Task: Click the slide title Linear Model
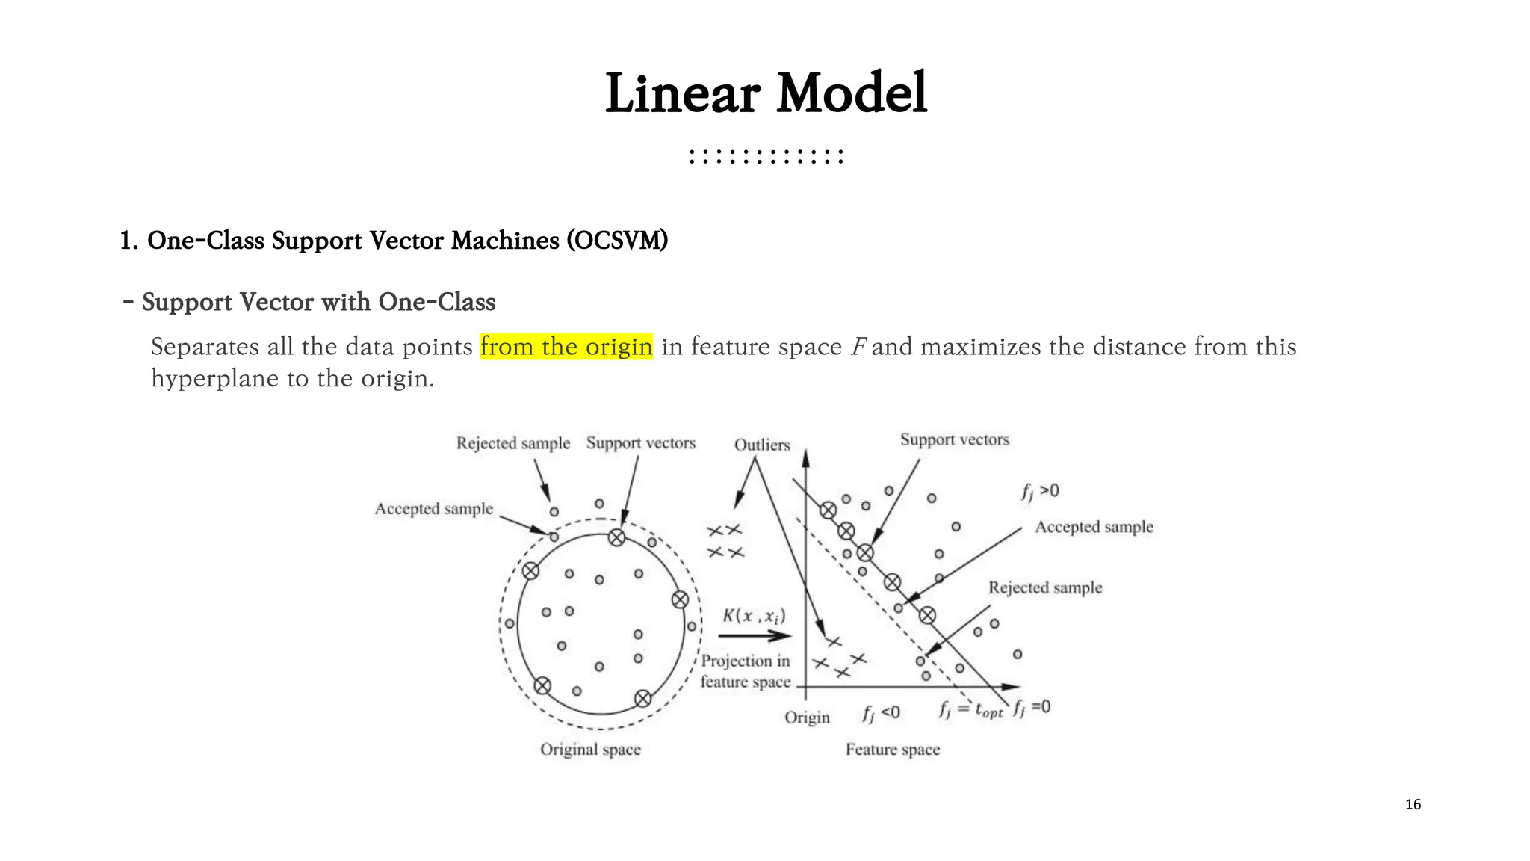(766, 93)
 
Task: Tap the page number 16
(1413, 804)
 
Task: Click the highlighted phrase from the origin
(566, 347)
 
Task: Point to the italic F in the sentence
(858, 347)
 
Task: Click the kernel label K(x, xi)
(754, 616)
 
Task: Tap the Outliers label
(762, 445)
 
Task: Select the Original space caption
(590, 749)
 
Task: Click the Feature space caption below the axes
(893, 749)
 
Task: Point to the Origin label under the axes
(807, 717)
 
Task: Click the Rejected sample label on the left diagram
(513, 443)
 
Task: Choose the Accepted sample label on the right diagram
(1094, 527)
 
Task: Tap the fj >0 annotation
(1040, 491)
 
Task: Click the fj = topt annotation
(970, 709)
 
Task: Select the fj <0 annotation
(882, 713)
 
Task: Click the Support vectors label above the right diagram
(954, 439)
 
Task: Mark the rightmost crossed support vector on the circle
(680, 599)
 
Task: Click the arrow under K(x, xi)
(755, 636)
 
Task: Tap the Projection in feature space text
(745, 671)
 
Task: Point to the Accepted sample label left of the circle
(434, 509)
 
